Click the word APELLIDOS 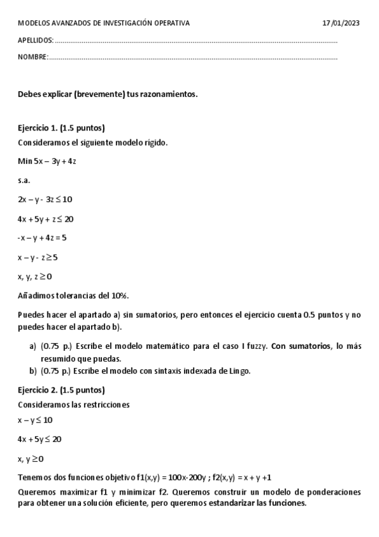[35, 41]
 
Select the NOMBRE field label [33, 57]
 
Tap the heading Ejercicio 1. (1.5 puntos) [61, 127]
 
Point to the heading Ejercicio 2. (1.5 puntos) [61, 389]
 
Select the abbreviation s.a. [24, 180]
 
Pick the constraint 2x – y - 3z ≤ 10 [45, 199]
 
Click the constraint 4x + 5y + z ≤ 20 [46, 218]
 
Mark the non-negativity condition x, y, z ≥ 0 [35, 276]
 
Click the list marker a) [33, 346]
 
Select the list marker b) [33, 371]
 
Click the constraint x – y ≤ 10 [35, 420]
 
